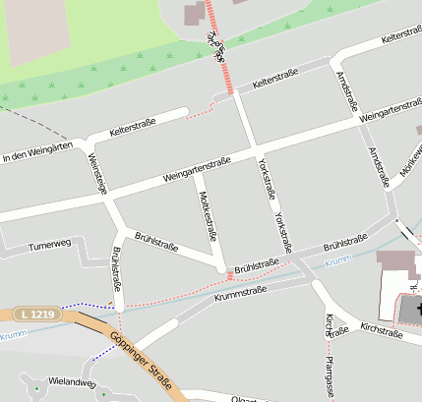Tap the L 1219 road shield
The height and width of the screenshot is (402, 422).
[38, 315]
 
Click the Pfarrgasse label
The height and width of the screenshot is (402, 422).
[328, 377]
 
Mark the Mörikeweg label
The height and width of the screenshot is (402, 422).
[410, 164]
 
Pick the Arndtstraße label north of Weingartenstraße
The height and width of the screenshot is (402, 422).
[348, 89]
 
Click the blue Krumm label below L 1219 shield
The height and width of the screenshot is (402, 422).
[12, 336]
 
